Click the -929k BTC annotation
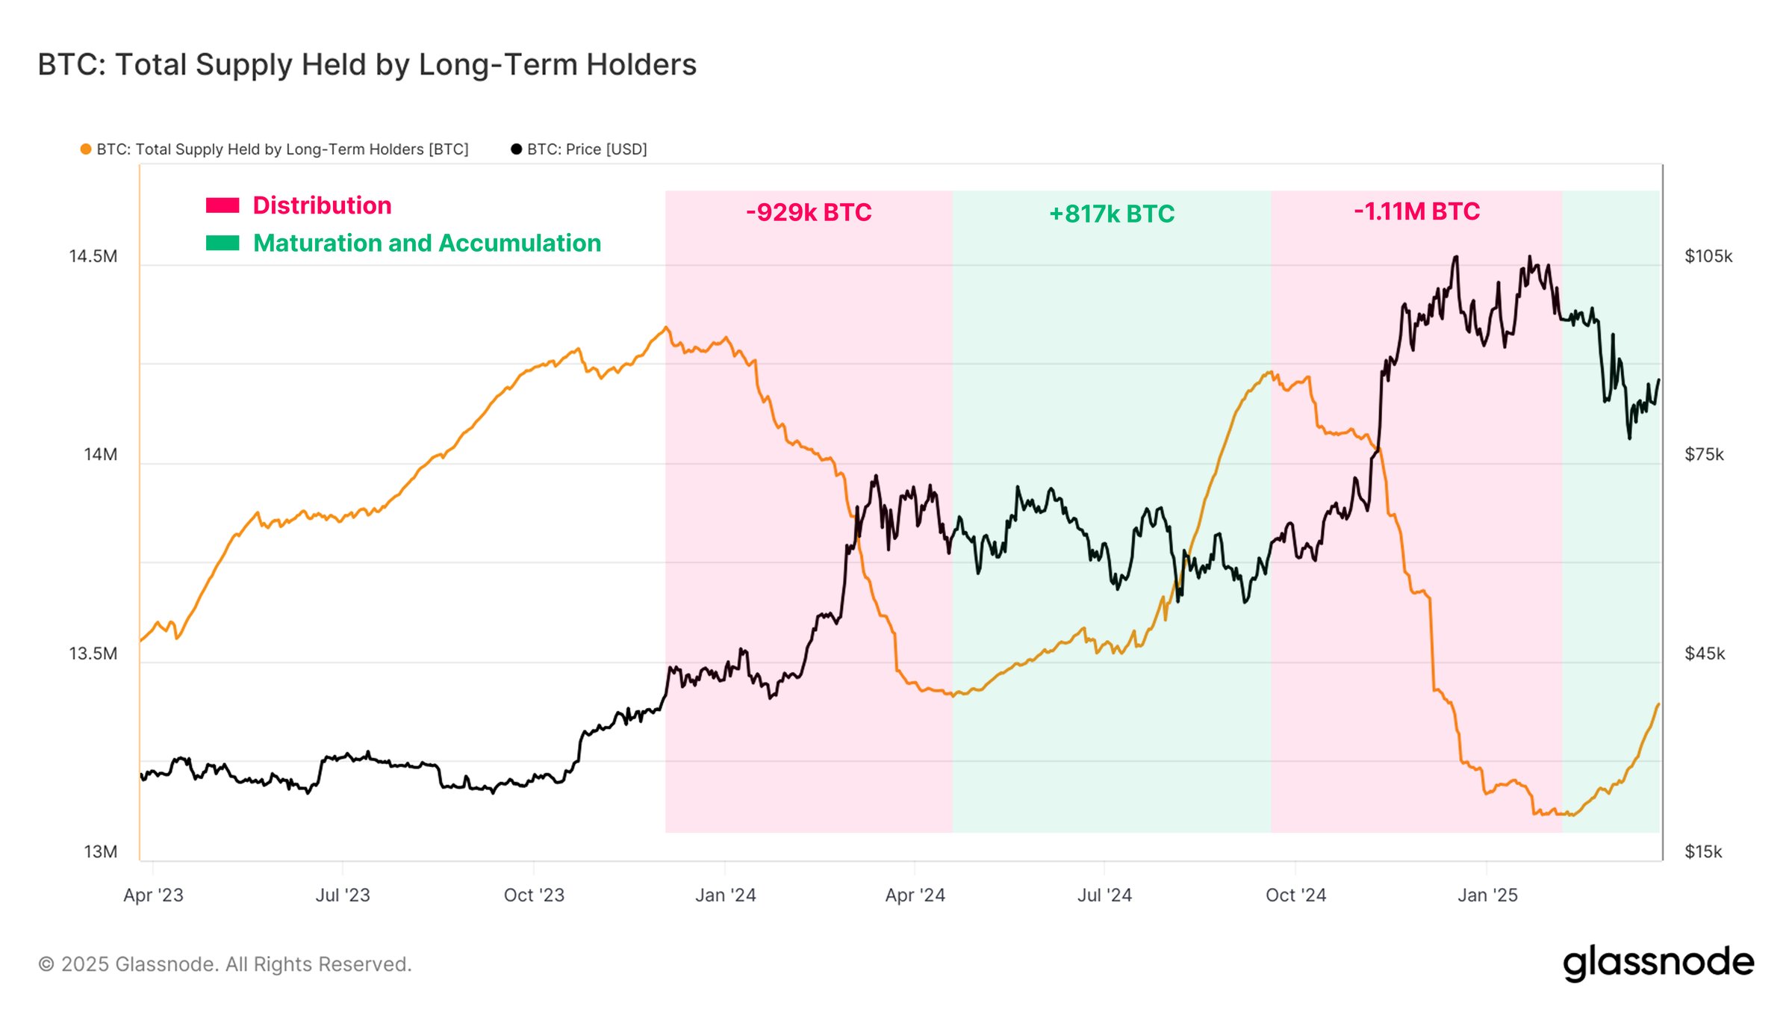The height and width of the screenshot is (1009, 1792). click(809, 213)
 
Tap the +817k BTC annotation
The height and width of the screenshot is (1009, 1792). click(1112, 214)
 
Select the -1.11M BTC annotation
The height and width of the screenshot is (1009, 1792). click(1416, 212)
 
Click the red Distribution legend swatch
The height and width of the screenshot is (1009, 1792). click(223, 205)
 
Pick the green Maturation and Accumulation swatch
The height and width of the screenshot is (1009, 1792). click(223, 243)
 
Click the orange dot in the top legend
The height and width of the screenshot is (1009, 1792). click(86, 149)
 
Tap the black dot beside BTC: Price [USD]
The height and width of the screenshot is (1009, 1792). click(516, 149)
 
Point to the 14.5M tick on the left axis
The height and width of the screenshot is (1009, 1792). click(93, 257)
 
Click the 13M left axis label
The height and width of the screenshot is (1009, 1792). click(101, 852)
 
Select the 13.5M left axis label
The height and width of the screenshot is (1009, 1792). click(93, 654)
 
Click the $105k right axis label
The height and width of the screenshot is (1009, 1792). click(1708, 257)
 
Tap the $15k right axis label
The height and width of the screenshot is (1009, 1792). click(1703, 852)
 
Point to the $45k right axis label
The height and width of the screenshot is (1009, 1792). click(1705, 654)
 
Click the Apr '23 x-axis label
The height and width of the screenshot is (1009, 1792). click(153, 895)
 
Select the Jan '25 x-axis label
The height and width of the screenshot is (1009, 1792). click(1487, 895)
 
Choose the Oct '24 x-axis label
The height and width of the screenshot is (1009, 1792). click(1295, 895)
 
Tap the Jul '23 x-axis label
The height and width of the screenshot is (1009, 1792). click(343, 895)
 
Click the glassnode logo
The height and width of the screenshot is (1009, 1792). click(1658, 963)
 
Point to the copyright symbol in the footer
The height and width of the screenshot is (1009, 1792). click(46, 965)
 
